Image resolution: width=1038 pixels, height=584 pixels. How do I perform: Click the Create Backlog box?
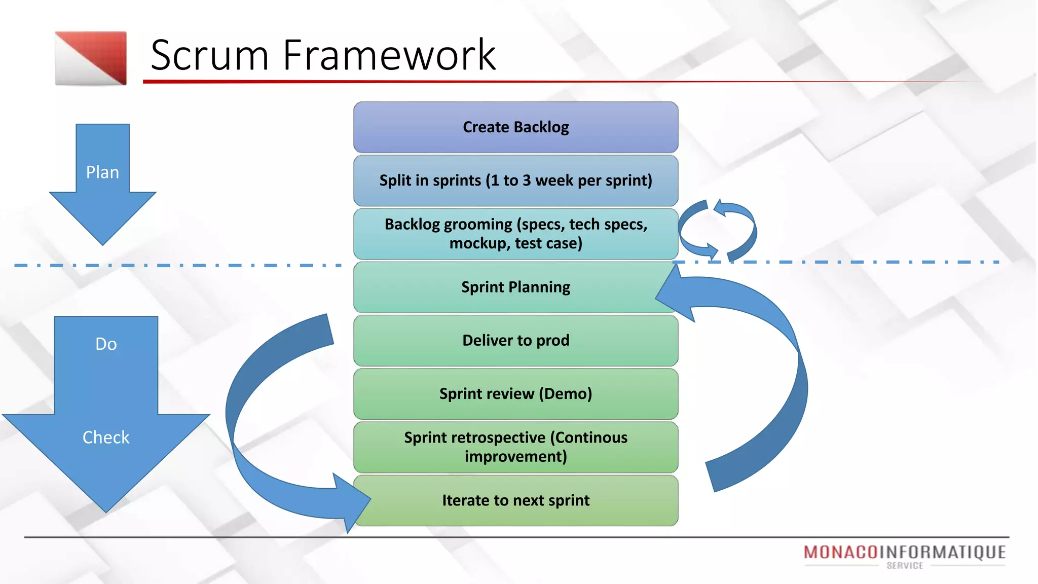[x=515, y=127]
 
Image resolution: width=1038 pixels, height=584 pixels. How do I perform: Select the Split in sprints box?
[x=515, y=180]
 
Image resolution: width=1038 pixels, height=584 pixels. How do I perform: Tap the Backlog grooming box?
[x=515, y=234]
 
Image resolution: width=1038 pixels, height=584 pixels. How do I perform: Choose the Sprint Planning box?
[x=515, y=287]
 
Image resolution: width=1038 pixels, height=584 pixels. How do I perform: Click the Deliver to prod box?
[x=515, y=340]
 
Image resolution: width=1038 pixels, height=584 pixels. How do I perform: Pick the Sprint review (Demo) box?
[x=515, y=394]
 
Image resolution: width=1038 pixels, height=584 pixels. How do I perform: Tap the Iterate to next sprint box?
[x=515, y=500]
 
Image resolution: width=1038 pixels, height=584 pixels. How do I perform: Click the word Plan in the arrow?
[x=102, y=172]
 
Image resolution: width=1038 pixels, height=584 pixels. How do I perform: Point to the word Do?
[x=106, y=344]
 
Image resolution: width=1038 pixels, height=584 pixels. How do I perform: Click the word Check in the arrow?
[x=106, y=437]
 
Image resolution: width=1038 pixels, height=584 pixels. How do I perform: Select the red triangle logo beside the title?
[x=91, y=58]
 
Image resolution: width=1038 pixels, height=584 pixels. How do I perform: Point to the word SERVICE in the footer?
[x=905, y=566]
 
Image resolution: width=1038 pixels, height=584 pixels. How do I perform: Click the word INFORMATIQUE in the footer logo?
[x=942, y=552]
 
